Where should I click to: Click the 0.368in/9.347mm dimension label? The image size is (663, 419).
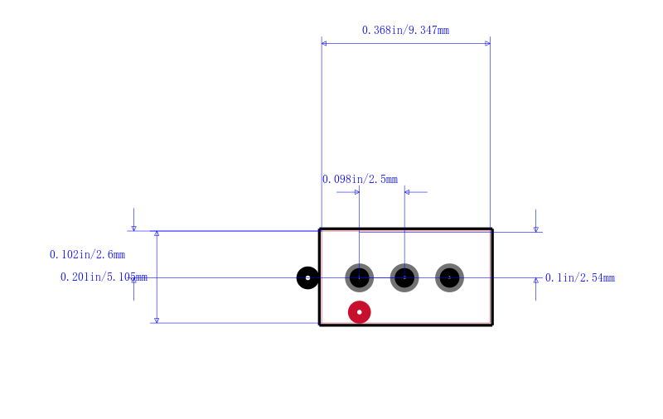[405, 31]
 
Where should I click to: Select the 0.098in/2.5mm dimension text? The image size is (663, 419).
[360, 180]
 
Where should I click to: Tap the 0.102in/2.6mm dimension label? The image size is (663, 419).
[87, 255]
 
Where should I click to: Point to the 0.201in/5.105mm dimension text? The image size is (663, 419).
[104, 277]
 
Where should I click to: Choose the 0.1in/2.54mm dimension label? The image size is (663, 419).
[579, 278]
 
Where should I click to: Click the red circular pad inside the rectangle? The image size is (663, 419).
[360, 312]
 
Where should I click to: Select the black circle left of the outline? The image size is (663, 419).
[307, 278]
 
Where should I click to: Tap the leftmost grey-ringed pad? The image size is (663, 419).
[360, 278]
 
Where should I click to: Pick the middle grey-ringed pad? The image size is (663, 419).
[404, 278]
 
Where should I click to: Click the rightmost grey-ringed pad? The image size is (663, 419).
[449, 278]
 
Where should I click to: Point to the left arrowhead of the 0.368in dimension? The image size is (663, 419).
[324, 44]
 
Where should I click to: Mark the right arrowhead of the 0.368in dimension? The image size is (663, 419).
[488, 44]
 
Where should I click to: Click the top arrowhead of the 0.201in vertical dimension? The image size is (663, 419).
[157, 234]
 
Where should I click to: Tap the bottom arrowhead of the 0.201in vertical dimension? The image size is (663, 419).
[157, 320]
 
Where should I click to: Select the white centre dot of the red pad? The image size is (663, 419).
[360, 312]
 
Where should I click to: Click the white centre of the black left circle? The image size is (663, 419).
[307, 278]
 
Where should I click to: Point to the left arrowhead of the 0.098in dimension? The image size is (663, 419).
[357, 192]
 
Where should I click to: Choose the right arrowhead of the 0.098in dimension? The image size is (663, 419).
[407, 192]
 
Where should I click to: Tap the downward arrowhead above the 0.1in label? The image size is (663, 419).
[535, 229]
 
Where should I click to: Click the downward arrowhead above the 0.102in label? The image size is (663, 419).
[134, 229]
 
